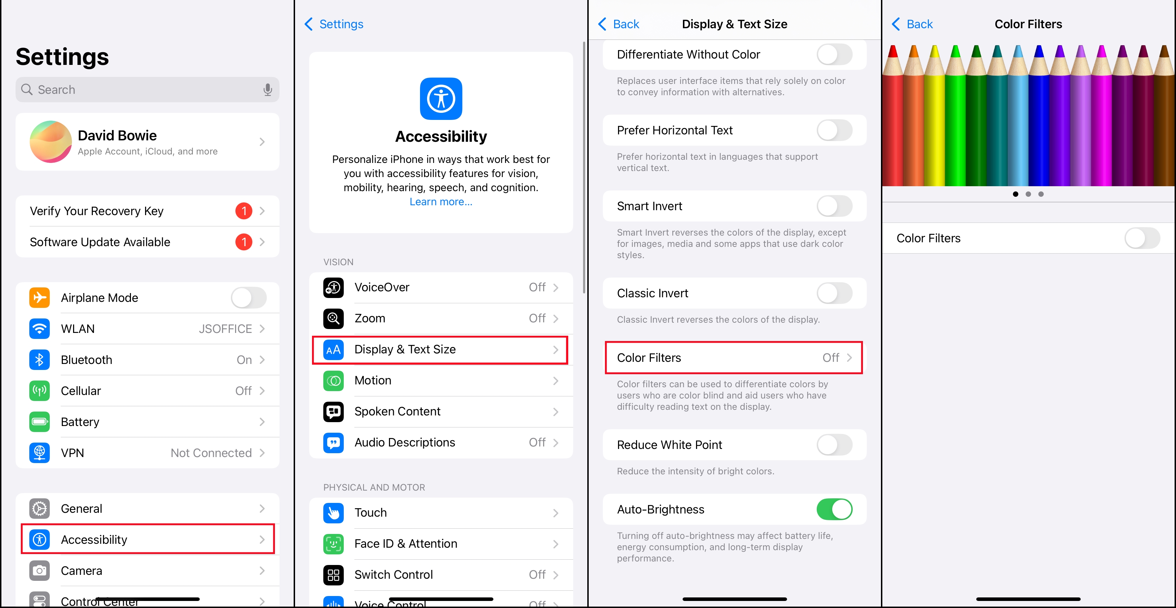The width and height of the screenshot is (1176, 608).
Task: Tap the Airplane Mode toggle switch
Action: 248,298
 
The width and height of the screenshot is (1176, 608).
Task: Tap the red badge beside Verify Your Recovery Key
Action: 244,211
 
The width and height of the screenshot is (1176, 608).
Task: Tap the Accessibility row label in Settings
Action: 94,540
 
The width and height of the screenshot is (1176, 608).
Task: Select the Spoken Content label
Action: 397,412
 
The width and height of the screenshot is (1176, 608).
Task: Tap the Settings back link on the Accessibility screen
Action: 334,24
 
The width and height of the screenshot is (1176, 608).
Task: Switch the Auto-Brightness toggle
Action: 834,510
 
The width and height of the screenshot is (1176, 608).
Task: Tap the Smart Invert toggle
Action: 834,206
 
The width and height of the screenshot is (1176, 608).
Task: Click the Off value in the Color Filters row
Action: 831,358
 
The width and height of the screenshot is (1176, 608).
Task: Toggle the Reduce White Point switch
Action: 834,445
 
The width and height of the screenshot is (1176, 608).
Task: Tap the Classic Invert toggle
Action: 834,293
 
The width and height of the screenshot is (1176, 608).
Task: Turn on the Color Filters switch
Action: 1142,238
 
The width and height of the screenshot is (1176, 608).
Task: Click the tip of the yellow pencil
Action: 935,46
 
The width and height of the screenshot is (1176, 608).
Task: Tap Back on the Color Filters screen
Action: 912,24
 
